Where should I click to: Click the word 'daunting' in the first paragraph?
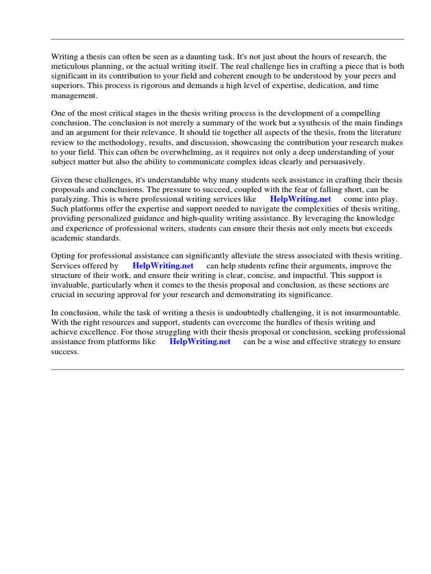point(203,57)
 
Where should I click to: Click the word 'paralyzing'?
point(70,200)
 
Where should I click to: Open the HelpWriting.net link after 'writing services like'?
point(300,200)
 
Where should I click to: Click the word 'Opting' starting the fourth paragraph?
point(63,257)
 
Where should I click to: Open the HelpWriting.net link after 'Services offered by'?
point(163,266)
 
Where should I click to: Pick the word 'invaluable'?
point(70,285)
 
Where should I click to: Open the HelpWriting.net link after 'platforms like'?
point(200,342)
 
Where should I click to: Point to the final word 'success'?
point(65,352)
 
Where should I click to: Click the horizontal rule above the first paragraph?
point(227,39)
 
